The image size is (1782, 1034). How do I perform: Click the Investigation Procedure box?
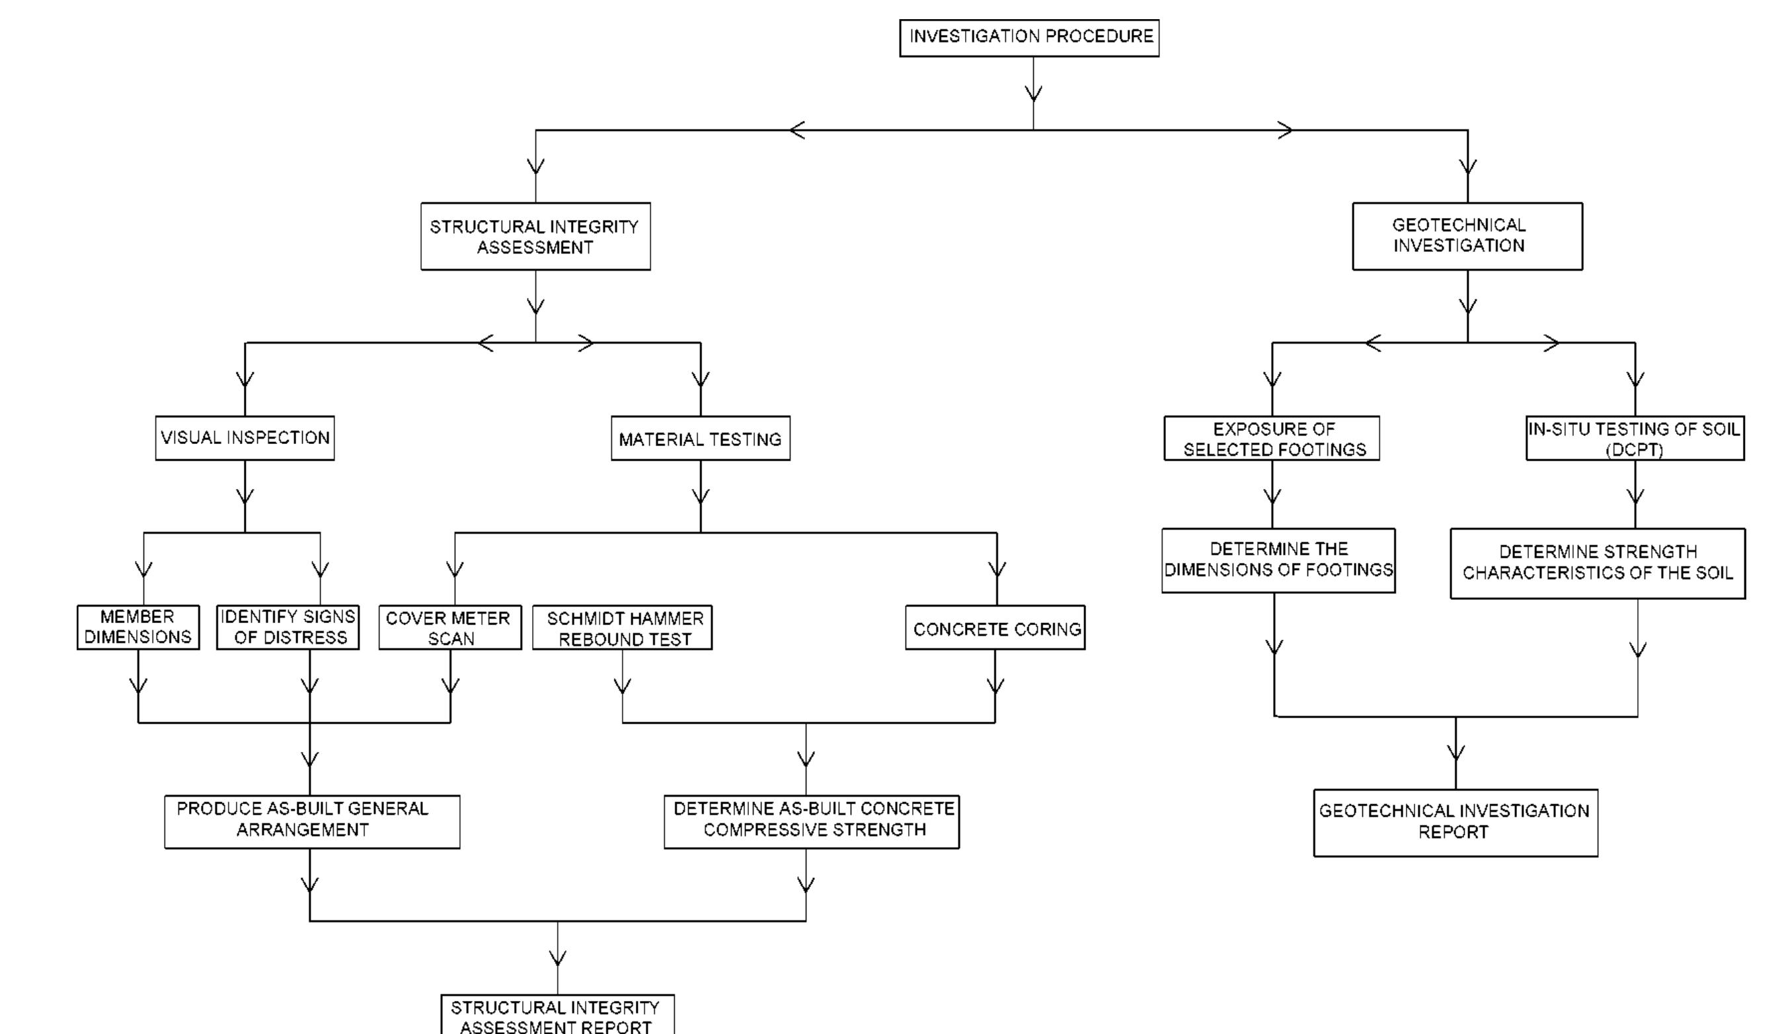coord(1029,38)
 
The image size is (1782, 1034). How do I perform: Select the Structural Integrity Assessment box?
coord(535,236)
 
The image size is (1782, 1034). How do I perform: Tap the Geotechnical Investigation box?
coord(1467,236)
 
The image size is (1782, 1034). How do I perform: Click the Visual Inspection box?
coord(245,438)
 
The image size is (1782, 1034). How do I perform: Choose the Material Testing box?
coord(700,439)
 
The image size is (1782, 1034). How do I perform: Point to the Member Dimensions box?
coord(138,627)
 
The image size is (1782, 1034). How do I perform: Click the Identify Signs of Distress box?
coord(288,627)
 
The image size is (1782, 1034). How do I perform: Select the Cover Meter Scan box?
coord(449,628)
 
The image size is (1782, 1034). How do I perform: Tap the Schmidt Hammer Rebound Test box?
coord(622,628)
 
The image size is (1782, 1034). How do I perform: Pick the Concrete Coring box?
coord(995,628)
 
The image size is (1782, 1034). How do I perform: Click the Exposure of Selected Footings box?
coord(1272,438)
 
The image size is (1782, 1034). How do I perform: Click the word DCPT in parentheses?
coord(1634,450)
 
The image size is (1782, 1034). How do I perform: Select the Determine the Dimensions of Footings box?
coord(1278,560)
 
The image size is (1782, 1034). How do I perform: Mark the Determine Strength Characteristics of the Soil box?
coord(1598,562)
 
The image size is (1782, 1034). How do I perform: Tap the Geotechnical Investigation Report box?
coord(1455,823)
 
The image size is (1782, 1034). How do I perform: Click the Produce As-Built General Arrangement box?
coord(312,821)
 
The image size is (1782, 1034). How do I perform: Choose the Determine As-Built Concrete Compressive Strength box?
coord(812,821)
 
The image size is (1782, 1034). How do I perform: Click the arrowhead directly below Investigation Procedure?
coord(1033,94)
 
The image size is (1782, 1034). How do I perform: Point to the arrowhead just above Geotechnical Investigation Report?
coord(1455,753)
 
